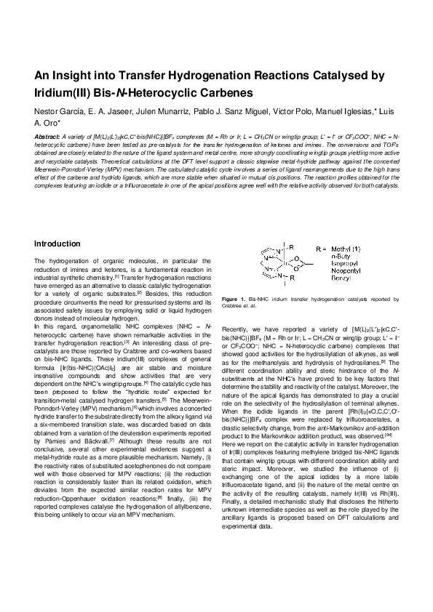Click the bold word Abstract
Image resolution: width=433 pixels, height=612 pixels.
(x=48, y=136)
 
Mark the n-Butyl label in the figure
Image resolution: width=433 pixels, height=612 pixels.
(x=327, y=257)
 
